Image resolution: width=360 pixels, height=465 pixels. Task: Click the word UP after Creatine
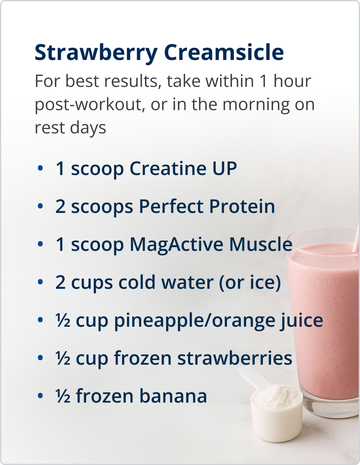(224, 169)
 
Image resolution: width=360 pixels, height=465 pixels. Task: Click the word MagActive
(177, 245)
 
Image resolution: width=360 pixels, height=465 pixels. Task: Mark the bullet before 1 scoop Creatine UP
(40, 169)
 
